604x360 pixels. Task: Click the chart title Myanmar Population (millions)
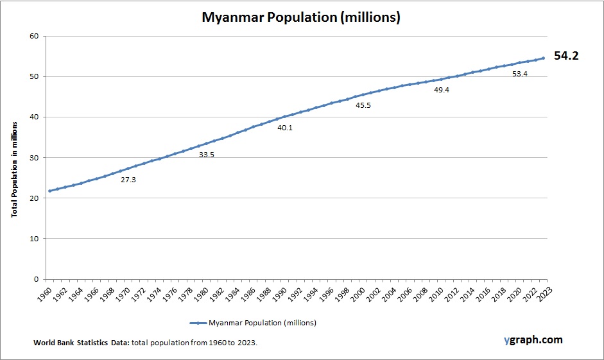tap(301, 17)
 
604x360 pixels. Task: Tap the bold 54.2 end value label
tap(566, 56)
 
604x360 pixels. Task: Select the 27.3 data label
tap(128, 180)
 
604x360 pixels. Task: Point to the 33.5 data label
tap(206, 155)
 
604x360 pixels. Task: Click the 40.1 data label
tap(285, 128)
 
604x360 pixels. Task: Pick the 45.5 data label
tap(363, 105)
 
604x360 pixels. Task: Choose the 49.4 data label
tap(442, 90)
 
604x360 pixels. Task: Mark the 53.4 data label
tap(520, 74)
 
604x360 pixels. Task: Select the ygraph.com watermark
tap(533, 339)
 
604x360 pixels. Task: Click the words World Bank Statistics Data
tap(82, 343)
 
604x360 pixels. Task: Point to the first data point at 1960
tap(49, 191)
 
